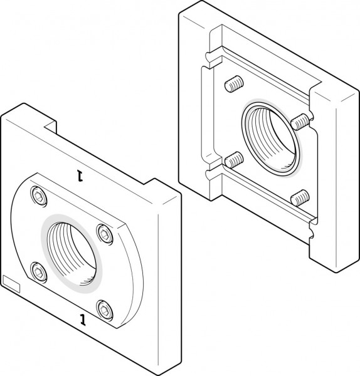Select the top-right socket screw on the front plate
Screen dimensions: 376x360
point(104,234)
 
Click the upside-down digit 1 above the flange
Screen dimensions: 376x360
point(80,175)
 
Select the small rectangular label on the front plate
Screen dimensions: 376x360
point(13,284)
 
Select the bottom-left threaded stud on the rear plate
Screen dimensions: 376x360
point(233,160)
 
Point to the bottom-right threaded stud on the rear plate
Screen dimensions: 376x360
point(300,198)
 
